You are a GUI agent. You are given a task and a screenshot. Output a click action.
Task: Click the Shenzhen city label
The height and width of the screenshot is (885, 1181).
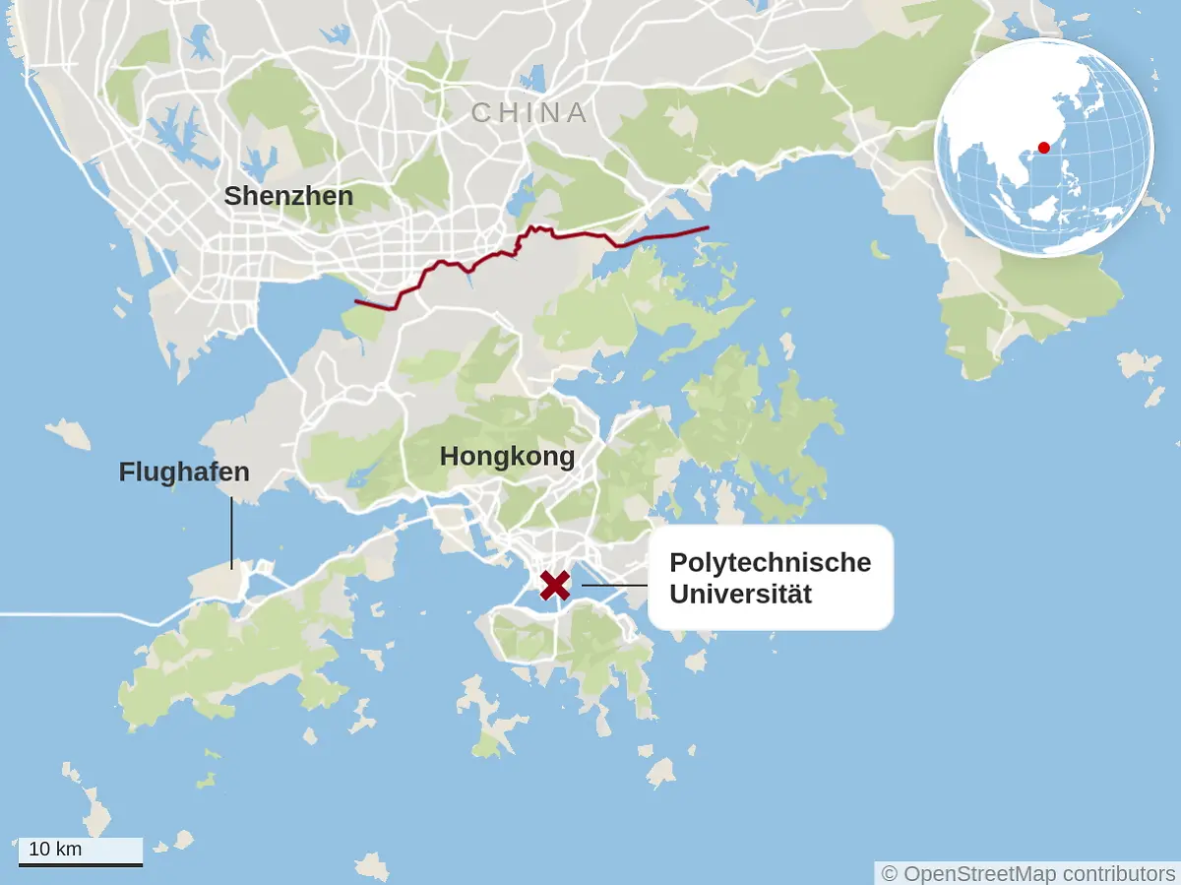pyautogui.click(x=288, y=196)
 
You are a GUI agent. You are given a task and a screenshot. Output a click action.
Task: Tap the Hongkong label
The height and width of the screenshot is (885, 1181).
pyautogui.click(x=507, y=457)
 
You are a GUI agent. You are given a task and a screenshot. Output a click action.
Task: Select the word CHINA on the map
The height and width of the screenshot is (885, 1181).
pyautogui.click(x=529, y=113)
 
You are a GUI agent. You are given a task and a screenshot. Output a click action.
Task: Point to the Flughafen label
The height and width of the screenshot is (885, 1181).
pyautogui.click(x=184, y=473)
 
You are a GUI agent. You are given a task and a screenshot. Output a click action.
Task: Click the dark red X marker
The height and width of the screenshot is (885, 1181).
pyautogui.click(x=555, y=585)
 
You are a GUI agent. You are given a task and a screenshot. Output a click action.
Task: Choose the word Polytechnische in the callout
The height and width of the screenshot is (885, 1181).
pyautogui.click(x=770, y=563)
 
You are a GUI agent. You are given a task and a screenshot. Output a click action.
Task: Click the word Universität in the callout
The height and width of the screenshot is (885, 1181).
pyautogui.click(x=740, y=595)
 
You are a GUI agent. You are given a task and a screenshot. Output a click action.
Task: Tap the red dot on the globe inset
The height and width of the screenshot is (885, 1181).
pyautogui.click(x=1044, y=148)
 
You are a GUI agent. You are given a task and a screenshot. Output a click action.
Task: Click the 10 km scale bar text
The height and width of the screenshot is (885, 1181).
pyautogui.click(x=55, y=849)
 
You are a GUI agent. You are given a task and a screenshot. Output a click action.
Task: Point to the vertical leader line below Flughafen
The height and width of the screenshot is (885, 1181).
pyautogui.click(x=232, y=532)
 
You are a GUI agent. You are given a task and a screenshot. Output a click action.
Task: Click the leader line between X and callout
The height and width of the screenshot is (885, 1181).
pyautogui.click(x=613, y=586)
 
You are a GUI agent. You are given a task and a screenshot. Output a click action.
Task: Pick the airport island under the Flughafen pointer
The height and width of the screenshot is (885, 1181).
pyautogui.click(x=218, y=582)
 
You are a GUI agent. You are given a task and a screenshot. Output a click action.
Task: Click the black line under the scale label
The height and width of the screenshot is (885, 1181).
pyautogui.click(x=81, y=864)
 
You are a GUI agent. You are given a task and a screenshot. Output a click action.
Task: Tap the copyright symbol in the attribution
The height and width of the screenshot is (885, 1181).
pyautogui.click(x=890, y=873)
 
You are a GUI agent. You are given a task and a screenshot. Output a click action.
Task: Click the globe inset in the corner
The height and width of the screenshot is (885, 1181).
pyautogui.click(x=1043, y=148)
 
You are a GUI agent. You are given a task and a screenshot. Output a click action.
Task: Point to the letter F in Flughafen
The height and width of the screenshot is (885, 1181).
pyautogui.click(x=126, y=473)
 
